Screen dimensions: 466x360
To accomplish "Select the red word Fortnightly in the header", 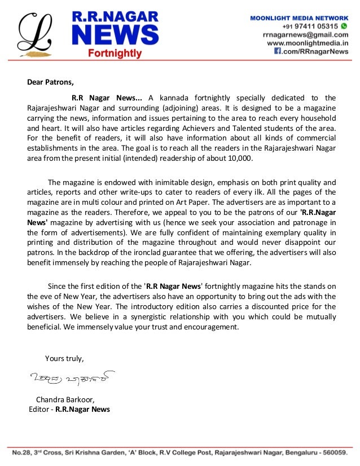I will click(115, 54).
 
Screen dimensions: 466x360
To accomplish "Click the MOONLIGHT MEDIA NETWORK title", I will click(299, 18).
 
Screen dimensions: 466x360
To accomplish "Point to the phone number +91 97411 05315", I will click(310, 26).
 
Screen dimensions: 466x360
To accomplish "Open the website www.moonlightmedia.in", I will click(307, 43).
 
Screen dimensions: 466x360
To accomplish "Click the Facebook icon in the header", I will click(278, 51).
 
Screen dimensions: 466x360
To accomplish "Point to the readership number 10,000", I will click(239, 159).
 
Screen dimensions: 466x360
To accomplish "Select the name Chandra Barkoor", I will click(65, 399).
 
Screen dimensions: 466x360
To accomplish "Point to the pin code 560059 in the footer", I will click(332, 452).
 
